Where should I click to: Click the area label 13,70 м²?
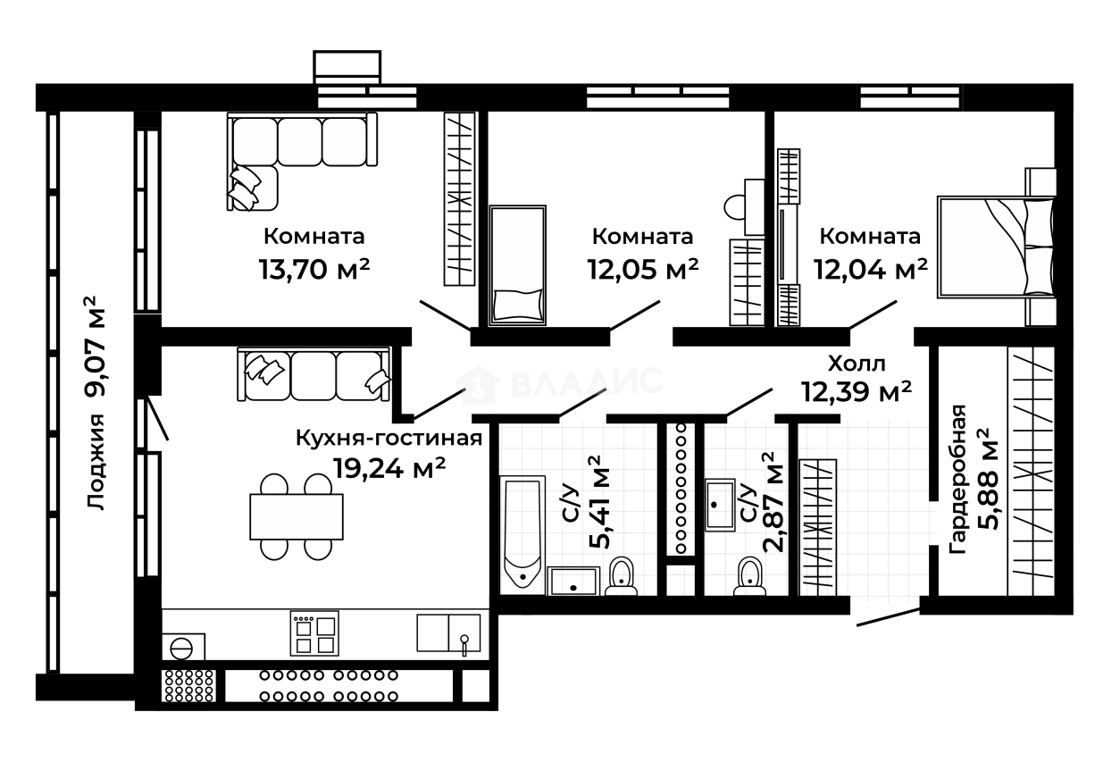[x=314, y=269]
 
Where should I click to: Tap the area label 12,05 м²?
[x=642, y=269]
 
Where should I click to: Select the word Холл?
[x=857, y=364]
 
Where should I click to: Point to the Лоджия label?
[x=96, y=462]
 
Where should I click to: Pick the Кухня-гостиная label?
[x=389, y=439]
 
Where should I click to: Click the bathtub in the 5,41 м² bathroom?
[x=522, y=535]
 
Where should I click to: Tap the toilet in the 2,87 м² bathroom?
[x=749, y=577]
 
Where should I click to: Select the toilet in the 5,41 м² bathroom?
[x=621, y=577]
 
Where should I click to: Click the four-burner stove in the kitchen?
[x=314, y=633]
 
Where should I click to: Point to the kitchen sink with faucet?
[x=448, y=633]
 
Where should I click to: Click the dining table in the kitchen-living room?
[x=297, y=516]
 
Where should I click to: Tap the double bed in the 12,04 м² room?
[x=997, y=247]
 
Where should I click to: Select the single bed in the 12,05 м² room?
[x=517, y=265]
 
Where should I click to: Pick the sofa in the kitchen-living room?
[x=313, y=374]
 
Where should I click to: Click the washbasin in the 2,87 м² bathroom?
[x=720, y=505]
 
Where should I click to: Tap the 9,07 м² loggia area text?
[x=96, y=347]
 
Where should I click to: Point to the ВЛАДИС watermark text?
[x=588, y=381]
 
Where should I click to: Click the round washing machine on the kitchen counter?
[x=181, y=649]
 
